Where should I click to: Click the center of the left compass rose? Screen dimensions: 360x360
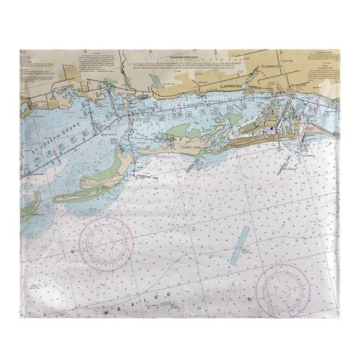point(106,244)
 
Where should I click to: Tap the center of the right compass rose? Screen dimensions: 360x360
point(283,289)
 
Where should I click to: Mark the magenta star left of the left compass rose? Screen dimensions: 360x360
point(73,251)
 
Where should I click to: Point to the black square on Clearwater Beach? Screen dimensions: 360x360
point(271,130)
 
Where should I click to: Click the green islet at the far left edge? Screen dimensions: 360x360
point(30,202)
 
